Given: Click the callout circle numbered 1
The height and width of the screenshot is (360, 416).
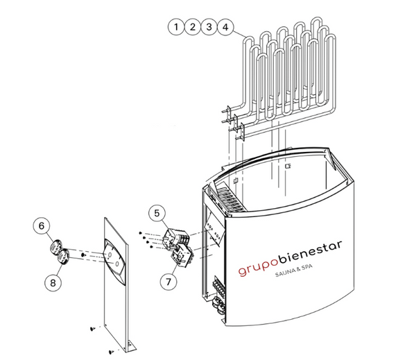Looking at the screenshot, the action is pos(176,27).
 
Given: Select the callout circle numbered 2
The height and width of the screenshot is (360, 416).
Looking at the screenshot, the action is pos(193,27).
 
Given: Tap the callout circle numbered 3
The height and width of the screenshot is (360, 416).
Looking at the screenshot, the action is pos(209,27).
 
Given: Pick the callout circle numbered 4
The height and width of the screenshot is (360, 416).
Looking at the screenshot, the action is pos(225,27).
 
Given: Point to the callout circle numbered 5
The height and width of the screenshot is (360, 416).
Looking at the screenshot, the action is pos(157,213).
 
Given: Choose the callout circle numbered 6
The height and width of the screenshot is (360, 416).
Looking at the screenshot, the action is pos(42,225).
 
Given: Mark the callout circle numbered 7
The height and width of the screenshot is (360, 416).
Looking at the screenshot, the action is pos(168,282).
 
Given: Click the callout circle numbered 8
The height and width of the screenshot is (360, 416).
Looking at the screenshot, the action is pos(53,283).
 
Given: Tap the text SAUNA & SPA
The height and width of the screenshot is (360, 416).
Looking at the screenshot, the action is pos(294,271).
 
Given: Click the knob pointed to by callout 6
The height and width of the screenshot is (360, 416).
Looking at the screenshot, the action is pos(56,246).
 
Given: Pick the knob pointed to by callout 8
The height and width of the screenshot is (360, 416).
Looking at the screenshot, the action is pos(64,257).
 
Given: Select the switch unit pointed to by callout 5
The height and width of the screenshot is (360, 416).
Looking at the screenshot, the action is pos(176,237).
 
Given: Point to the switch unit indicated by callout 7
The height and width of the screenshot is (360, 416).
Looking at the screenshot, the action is pos(183,255).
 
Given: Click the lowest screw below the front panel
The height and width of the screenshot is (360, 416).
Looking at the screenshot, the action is pos(112,352).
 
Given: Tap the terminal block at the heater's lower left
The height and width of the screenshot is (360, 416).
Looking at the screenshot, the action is pos(219,286).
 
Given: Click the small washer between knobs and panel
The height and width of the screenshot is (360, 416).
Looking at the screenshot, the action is pos(83,255).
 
